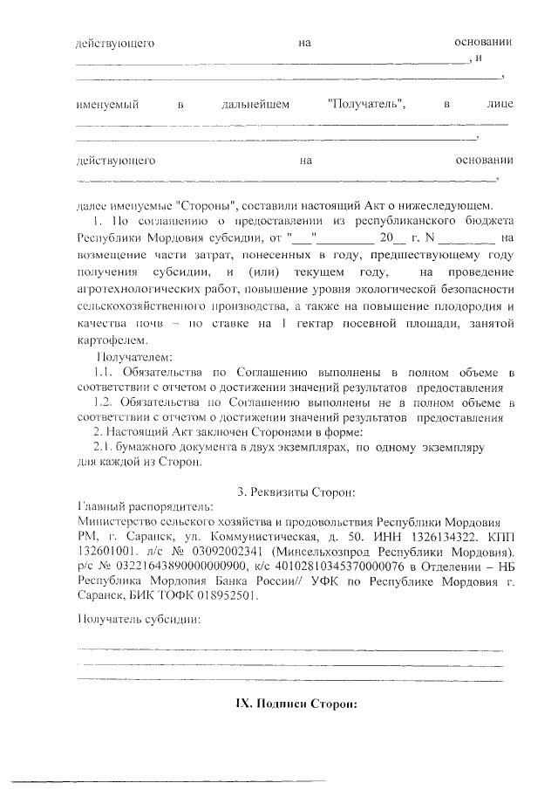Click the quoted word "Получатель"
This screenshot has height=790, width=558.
click(x=366, y=105)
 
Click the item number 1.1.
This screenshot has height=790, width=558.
click(x=103, y=373)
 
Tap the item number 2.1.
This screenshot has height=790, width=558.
click(x=104, y=447)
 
